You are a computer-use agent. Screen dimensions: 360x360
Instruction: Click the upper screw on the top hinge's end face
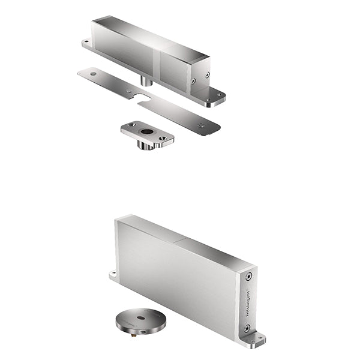point(207,76)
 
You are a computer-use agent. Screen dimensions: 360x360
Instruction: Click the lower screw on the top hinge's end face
point(193,80)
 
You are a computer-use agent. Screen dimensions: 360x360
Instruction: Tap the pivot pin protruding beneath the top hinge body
point(145,80)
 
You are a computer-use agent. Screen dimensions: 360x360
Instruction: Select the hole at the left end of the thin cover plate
point(93,74)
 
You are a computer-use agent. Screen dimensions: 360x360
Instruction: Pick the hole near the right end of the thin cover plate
point(201,125)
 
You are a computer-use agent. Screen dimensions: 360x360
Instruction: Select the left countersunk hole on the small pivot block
point(131,125)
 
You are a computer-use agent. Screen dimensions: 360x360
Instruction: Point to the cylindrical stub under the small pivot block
point(145,146)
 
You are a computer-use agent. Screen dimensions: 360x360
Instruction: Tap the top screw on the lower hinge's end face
point(248,277)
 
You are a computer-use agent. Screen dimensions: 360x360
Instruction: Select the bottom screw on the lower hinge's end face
point(247,328)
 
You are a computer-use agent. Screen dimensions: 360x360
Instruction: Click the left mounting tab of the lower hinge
point(112,275)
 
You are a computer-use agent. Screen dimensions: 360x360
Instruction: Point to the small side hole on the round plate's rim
point(127,329)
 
